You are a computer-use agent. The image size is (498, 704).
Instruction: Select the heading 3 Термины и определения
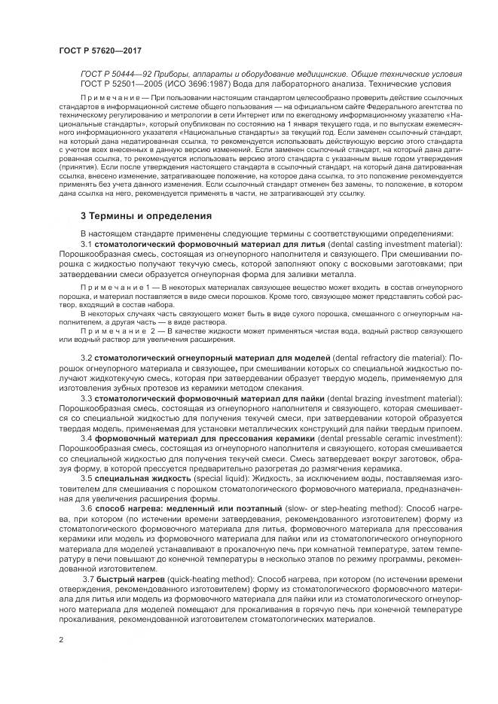click(x=145, y=216)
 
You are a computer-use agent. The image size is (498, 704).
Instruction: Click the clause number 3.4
click(x=87, y=437)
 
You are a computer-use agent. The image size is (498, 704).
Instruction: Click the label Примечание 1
click(x=115, y=288)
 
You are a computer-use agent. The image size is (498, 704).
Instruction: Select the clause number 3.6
click(x=87, y=509)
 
